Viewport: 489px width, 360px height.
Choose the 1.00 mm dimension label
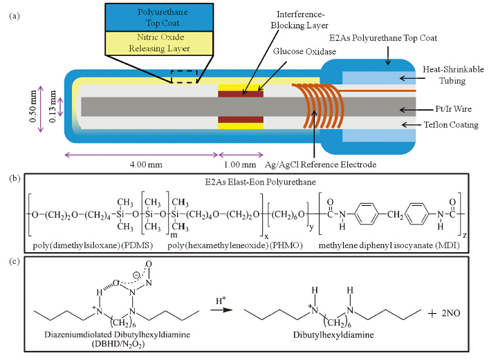coord(241,165)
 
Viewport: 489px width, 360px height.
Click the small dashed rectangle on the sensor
coord(185,76)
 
